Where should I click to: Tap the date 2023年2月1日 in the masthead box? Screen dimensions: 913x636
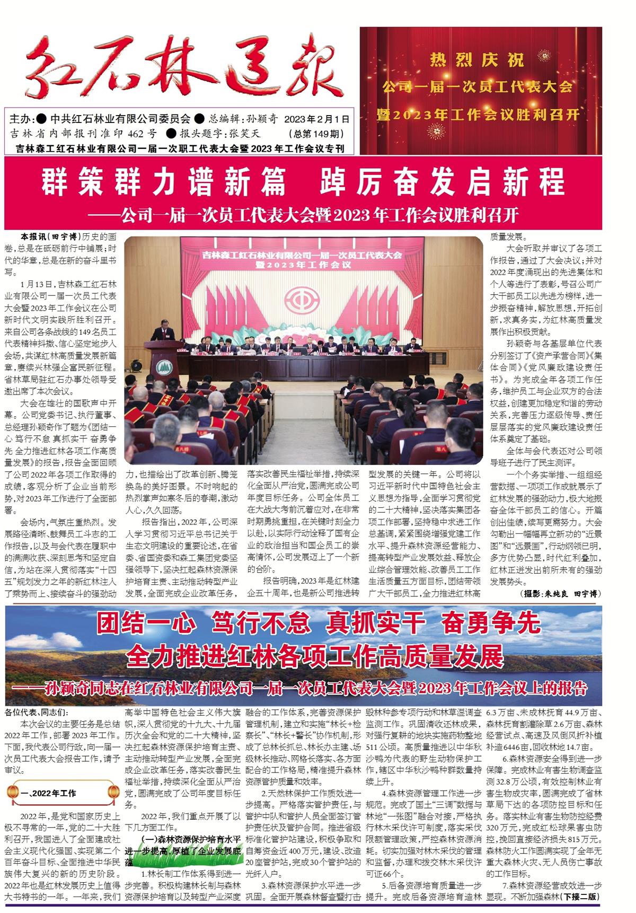(x=317, y=119)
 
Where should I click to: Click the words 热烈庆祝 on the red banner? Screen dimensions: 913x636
(x=480, y=60)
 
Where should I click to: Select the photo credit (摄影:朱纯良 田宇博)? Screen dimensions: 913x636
(x=561, y=594)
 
